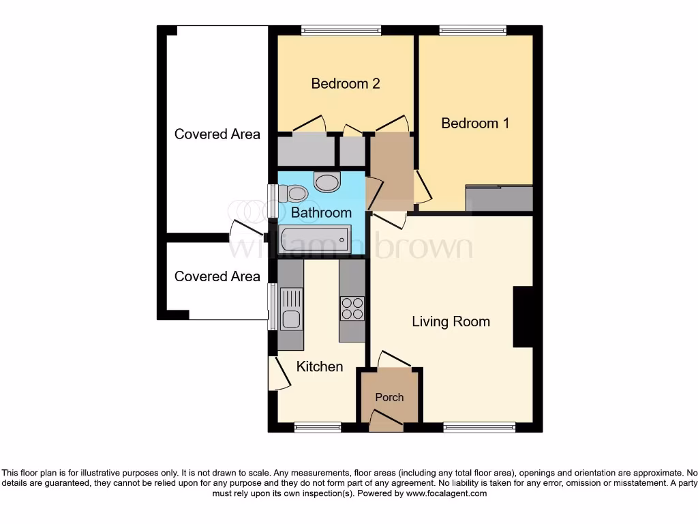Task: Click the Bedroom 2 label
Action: click(345, 84)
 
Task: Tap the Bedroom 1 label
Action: click(475, 123)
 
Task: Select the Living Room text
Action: click(451, 321)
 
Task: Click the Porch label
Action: click(389, 397)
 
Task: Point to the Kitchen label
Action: click(319, 366)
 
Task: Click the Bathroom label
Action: click(321, 213)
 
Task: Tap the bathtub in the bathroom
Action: click(314, 239)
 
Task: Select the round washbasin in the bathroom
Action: click(327, 182)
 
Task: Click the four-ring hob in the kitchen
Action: click(352, 308)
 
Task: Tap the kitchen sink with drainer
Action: click(290, 309)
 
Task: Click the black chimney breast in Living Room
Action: click(521, 317)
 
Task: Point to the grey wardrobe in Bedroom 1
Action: click(498, 198)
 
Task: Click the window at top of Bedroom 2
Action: click(342, 30)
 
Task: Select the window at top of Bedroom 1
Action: click(472, 30)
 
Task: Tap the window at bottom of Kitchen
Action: click(318, 427)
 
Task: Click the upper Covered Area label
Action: click(217, 134)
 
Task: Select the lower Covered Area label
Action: click(217, 276)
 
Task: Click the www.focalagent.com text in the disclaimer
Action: click(447, 493)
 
